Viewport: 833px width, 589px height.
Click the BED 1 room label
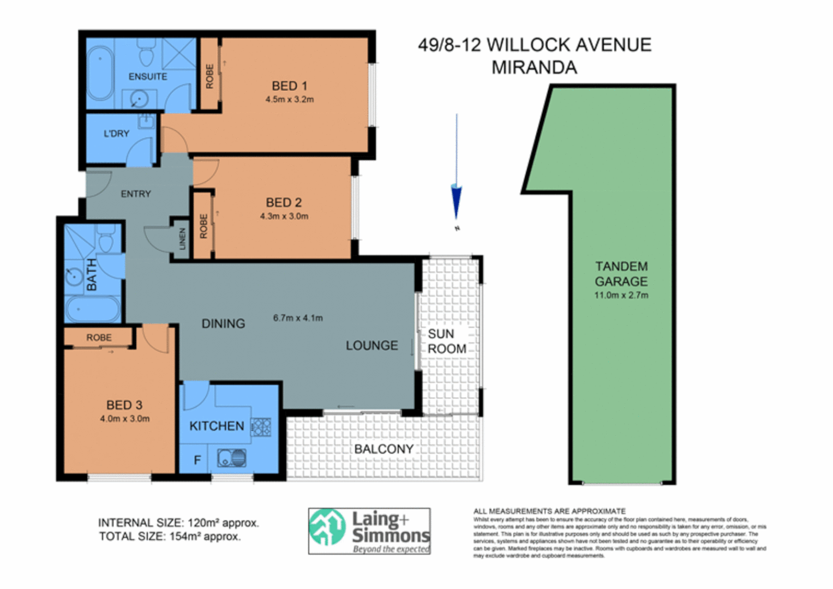tap(289, 86)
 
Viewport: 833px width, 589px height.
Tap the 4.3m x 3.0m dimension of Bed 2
tap(284, 216)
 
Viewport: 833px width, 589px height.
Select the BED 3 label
tap(124, 405)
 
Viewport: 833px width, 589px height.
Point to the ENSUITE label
tap(147, 77)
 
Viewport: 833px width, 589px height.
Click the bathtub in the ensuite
tap(100, 73)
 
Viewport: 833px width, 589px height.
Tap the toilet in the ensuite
tap(146, 53)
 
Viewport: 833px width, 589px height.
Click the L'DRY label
tap(116, 134)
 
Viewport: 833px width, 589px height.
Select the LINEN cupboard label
tap(182, 239)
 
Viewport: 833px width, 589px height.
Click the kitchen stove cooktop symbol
tap(261, 427)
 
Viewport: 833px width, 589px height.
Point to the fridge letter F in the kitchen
tap(197, 461)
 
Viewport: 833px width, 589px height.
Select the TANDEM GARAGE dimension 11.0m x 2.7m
tap(621, 296)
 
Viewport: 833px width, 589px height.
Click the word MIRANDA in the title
tap(534, 68)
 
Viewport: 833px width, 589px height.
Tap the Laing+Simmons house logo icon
tap(328, 527)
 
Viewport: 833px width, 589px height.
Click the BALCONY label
tap(383, 449)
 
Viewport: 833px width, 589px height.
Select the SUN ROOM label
tap(447, 341)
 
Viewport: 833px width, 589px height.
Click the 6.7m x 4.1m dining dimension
tap(298, 317)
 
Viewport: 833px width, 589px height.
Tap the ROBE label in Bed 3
tap(99, 338)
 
